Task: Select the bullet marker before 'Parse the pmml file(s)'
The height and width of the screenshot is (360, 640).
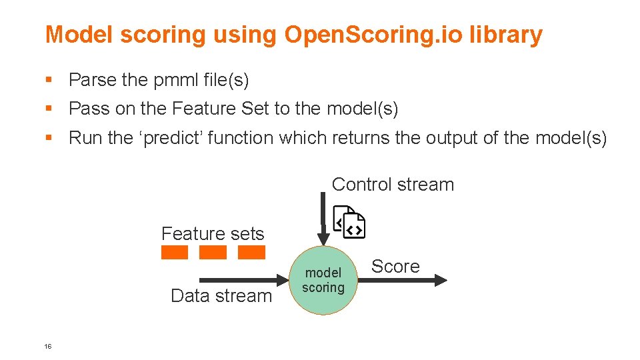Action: coord(48,80)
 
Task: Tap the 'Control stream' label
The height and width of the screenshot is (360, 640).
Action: coord(393,185)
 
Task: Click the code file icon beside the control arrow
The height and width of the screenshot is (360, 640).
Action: coord(349,222)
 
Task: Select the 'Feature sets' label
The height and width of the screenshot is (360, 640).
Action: coord(213,234)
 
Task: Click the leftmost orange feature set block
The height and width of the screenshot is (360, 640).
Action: coord(175,253)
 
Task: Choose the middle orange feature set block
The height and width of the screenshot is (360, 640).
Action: coord(213,253)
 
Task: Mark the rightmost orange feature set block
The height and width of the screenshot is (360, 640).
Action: coord(251,253)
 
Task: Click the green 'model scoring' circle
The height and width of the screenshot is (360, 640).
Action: coord(323,281)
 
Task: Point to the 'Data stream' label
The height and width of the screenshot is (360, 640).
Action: coord(221,296)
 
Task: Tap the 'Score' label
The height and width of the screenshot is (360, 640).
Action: coord(395,267)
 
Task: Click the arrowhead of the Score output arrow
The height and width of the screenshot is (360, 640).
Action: coord(441,281)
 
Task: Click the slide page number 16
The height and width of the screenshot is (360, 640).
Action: coord(48,346)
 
